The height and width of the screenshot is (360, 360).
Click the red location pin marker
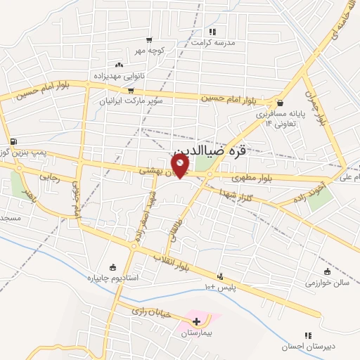[x=181, y=166]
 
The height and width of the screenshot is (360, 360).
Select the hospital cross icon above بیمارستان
[x=196, y=321]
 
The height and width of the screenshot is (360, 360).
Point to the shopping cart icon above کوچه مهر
[x=148, y=40]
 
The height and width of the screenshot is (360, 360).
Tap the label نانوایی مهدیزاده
[x=118, y=75]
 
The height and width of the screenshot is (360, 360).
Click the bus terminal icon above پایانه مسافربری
[x=280, y=102]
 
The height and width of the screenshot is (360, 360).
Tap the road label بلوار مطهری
[x=250, y=180]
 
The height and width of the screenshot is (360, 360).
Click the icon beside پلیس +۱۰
[x=220, y=276]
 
